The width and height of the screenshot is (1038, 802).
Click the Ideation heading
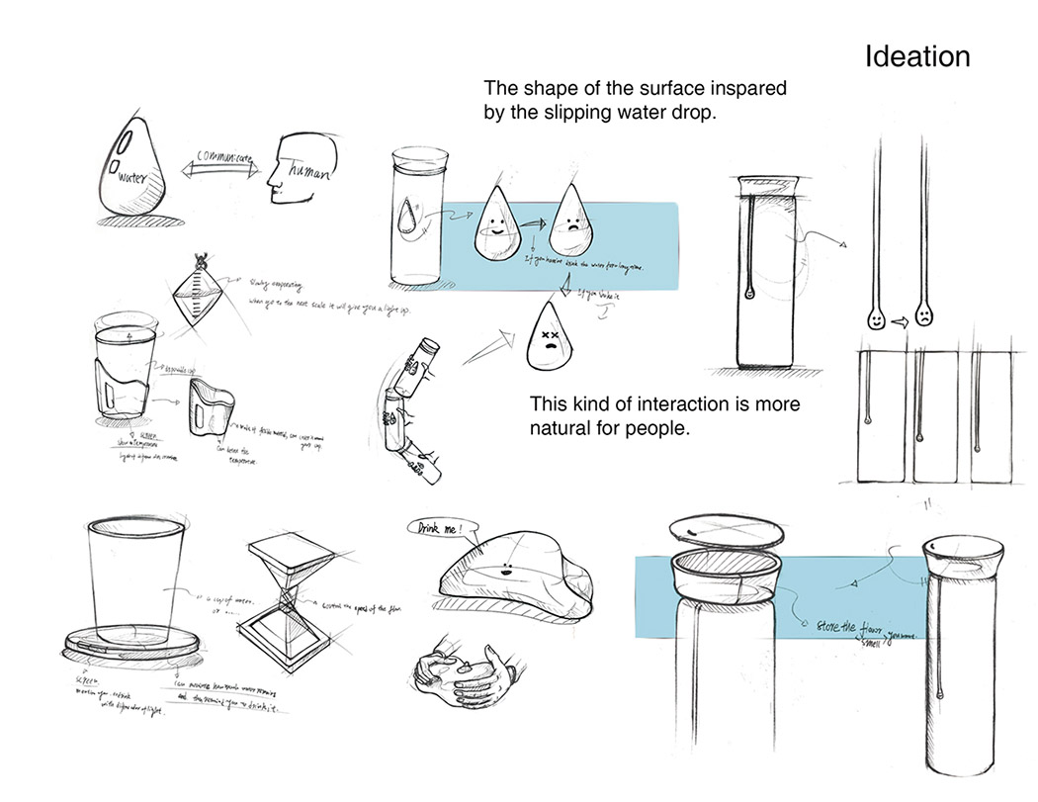tap(916, 56)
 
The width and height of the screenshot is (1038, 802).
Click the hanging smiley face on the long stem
tap(876, 318)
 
